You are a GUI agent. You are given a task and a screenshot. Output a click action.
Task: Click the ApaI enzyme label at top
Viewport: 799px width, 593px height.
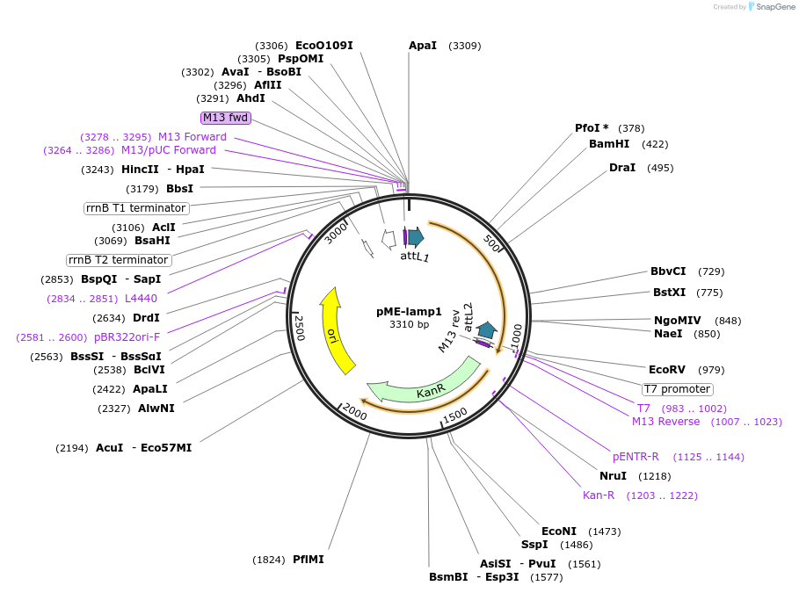click(x=423, y=46)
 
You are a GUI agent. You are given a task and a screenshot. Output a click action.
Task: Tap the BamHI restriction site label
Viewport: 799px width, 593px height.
click(x=609, y=144)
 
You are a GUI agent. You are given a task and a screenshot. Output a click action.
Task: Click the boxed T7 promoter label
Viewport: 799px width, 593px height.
click(x=677, y=389)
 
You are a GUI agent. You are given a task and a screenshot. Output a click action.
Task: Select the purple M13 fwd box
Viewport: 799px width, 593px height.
click(x=226, y=118)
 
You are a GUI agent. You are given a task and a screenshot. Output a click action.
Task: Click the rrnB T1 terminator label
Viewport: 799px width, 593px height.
click(x=136, y=208)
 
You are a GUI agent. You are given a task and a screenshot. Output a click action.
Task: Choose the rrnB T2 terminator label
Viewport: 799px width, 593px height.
click(x=119, y=260)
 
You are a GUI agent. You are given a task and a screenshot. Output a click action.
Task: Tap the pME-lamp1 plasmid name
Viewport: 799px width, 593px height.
click(x=409, y=311)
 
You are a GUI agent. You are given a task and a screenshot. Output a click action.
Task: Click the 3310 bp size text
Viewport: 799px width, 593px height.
click(x=409, y=324)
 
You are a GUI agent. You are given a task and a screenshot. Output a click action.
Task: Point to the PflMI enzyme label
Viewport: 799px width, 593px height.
click(x=309, y=560)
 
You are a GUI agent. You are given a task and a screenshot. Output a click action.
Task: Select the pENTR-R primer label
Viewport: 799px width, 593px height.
click(x=636, y=457)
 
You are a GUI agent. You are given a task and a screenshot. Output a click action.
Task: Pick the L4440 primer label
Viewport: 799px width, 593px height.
click(x=141, y=299)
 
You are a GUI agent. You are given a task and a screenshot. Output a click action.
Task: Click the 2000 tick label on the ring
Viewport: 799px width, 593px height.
click(x=355, y=411)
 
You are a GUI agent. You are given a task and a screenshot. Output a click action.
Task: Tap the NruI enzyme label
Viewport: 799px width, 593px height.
click(x=613, y=476)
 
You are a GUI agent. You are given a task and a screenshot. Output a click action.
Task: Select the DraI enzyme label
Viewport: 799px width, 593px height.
click(x=622, y=168)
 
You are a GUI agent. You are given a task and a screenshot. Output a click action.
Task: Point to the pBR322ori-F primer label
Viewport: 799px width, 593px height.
click(x=127, y=337)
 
